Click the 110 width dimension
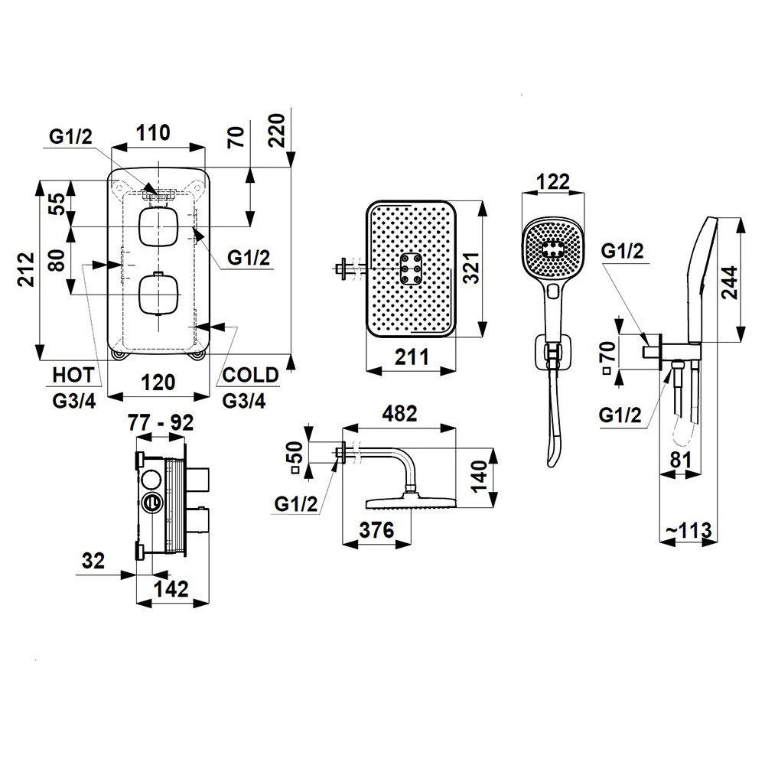(x=153, y=132)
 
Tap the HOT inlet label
(x=73, y=375)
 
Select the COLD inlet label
(x=250, y=375)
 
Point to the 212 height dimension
(x=26, y=269)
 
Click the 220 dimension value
(x=277, y=130)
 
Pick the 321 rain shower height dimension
(x=471, y=268)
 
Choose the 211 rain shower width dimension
(x=412, y=356)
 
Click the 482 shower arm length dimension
(x=399, y=414)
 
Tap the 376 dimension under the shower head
(x=376, y=529)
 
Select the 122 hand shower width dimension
(x=553, y=181)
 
